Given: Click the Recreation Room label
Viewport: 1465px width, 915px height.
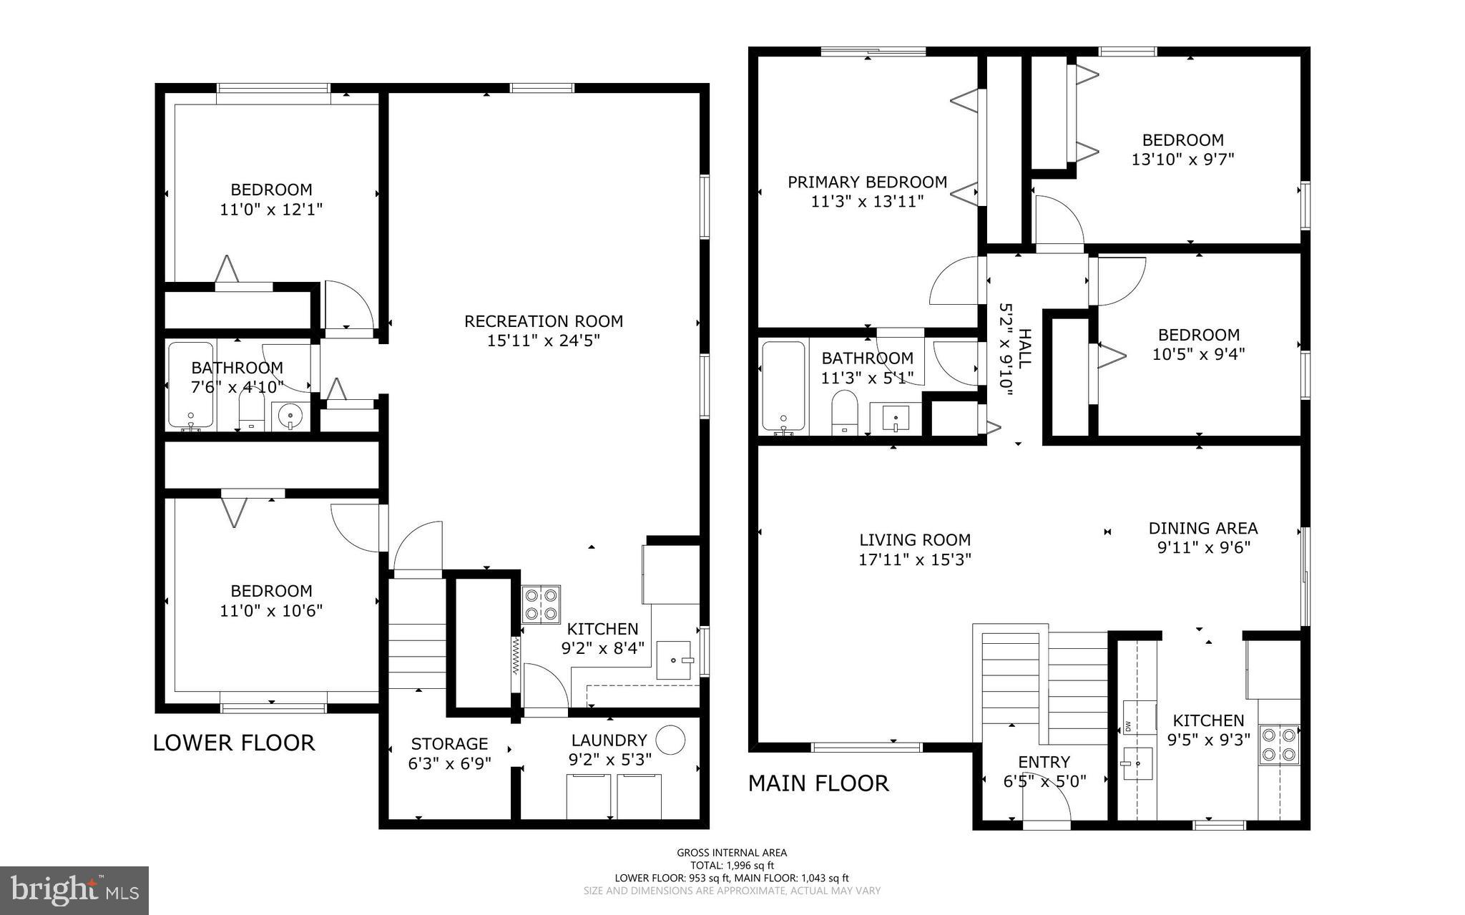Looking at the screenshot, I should [x=544, y=321].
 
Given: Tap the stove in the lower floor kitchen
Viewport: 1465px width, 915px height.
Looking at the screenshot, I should [x=541, y=605].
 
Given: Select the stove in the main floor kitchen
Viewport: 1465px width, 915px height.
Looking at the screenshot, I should [x=1279, y=744].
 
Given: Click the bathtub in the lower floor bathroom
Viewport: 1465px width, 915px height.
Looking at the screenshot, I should [x=190, y=386].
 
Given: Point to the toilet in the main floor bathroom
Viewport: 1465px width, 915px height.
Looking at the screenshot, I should [x=846, y=412].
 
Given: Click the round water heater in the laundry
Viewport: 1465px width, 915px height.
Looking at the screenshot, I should [x=671, y=740].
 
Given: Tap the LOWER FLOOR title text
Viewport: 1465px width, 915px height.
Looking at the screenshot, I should [x=234, y=743].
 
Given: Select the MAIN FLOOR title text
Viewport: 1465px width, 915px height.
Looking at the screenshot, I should [x=818, y=783].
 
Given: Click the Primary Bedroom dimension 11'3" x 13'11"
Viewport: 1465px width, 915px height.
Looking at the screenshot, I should [x=867, y=202].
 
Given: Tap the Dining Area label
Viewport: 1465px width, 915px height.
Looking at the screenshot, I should [x=1202, y=528].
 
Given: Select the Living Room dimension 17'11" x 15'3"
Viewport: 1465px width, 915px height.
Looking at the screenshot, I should [x=915, y=559].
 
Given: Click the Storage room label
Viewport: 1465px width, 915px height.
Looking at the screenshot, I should [x=449, y=743].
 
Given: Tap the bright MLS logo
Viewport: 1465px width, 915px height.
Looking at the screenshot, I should [x=74, y=890].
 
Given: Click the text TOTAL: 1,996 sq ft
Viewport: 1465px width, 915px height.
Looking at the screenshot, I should [x=732, y=865].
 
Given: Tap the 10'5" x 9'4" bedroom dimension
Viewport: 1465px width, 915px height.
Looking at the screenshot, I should [x=1198, y=354].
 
